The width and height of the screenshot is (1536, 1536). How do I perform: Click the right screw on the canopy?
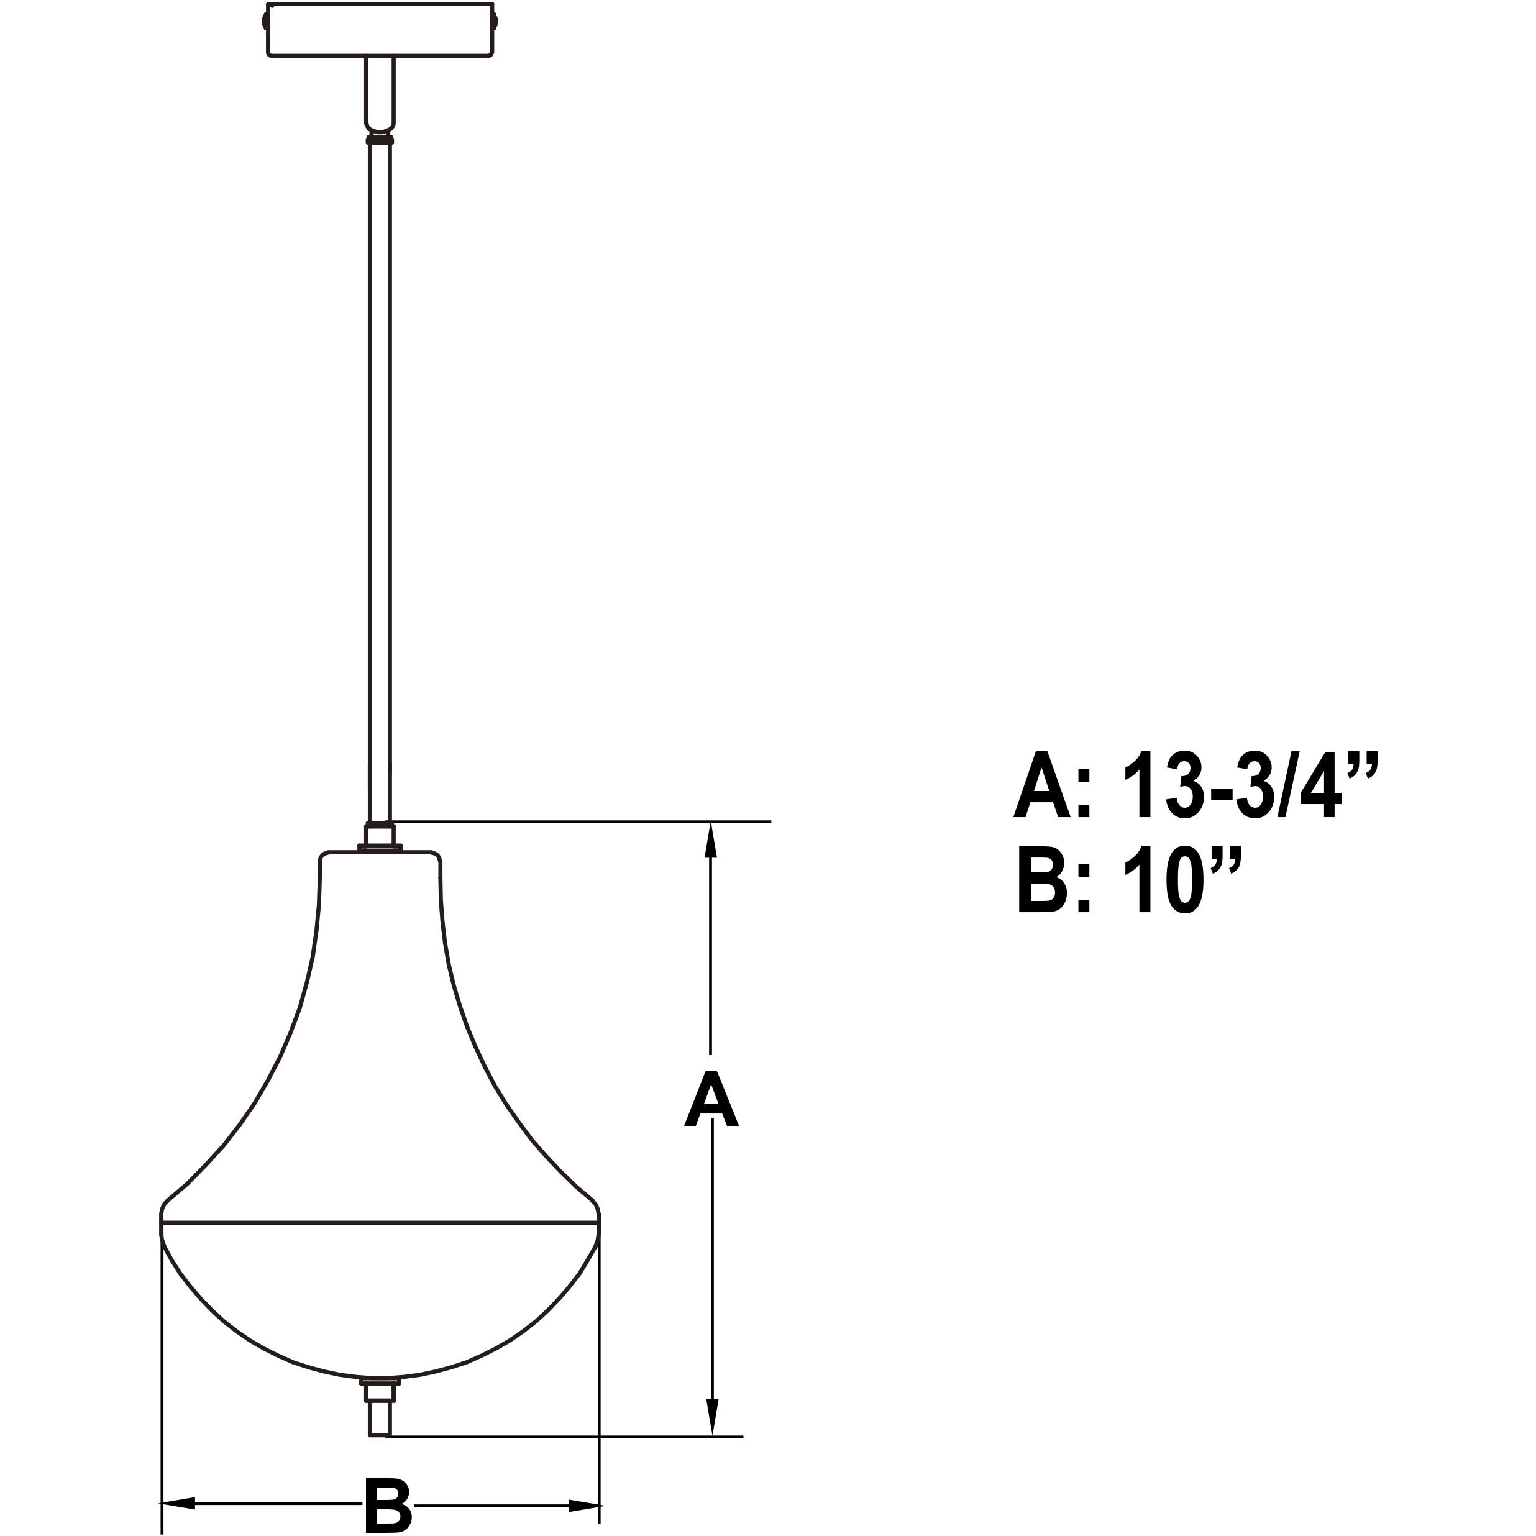(x=495, y=17)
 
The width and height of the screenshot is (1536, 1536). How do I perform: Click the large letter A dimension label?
(x=711, y=1100)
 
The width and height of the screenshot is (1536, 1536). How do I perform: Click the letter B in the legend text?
(x=1042, y=882)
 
